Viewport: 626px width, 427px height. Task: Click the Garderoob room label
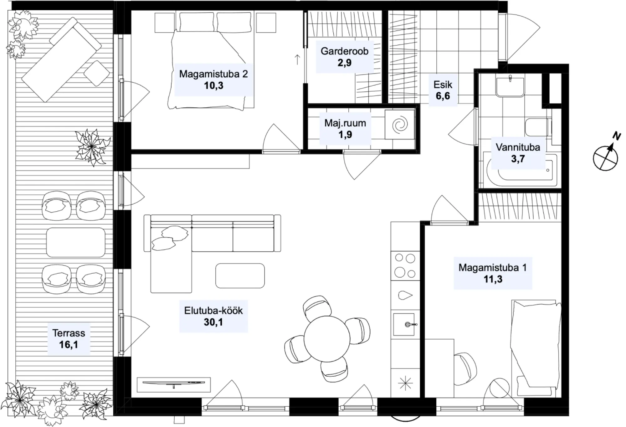coord(344,51)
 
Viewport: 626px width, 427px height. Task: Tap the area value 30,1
coord(213,322)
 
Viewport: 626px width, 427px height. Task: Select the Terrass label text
coord(69,333)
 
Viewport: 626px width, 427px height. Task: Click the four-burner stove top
coord(405,266)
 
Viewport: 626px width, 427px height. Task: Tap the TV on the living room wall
coord(174,383)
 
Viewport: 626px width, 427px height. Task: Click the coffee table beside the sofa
coord(240,275)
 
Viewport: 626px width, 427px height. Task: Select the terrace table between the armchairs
coord(76,243)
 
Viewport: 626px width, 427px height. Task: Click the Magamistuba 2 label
coord(213,74)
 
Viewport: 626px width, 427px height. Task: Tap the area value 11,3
coord(493,279)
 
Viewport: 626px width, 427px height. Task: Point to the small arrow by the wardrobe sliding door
coord(297,59)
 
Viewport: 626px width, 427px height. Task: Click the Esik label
coord(443,85)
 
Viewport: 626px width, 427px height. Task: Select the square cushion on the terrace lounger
coord(97,73)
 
